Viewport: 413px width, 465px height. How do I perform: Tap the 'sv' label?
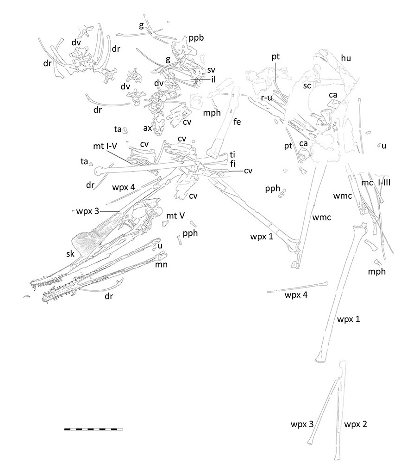(x=211, y=70)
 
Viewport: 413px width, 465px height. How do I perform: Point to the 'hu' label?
(x=345, y=58)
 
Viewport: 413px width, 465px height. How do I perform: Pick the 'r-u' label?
(x=266, y=98)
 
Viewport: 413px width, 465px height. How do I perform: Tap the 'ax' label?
(x=148, y=128)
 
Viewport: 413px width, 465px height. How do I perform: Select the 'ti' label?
(x=232, y=154)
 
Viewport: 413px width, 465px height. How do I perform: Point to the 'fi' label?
(x=232, y=163)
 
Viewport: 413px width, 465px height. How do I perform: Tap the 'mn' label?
(x=161, y=264)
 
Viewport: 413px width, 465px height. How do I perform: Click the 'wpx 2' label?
(x=356, y=423)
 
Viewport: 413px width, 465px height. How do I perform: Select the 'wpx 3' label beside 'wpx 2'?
(x=302, y=423)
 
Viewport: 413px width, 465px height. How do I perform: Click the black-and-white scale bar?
(x=94, y=429)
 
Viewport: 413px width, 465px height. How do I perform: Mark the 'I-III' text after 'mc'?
(x=384, y=183)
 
